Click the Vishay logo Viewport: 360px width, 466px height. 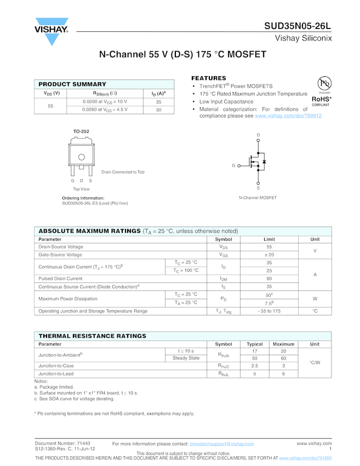pyautogui.click(x=52, y=31)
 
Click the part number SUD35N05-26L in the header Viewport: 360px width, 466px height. pyautogui.click(x=298, y=25)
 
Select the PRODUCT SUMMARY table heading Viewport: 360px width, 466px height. pyautogui.click(x=72, y=84)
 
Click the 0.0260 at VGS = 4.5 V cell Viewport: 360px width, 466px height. pyautogui.click(x=105, y=110)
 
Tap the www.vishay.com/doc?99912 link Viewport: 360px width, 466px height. pyautogui.click(x=288, y=116)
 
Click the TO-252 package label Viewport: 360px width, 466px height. pyautogui.click(x=81, y=132)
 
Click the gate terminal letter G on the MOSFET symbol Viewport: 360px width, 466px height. pyautogui.click(x=233, y=165)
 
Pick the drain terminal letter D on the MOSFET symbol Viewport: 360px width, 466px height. pyautogui.click(x=258, y=135)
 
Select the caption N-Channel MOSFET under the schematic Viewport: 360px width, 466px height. pyautogui.click(x=258, y=198)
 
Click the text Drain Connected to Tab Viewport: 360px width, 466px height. pyautogui.click(x=123, y=172)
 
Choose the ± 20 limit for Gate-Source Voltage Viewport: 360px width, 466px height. pyautogui.click(x=269, y=255)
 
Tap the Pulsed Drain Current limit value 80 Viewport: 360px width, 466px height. pyautogui.click(x=269, y=279)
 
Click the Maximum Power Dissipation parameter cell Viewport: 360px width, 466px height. pyautogui.click(x=68, y=299)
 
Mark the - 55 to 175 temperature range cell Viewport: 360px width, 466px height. pyautogui.click(x=269, y=311)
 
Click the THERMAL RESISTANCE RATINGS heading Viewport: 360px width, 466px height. pyautogui.click(x=92, y=336)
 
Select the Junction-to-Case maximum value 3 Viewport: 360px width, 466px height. pyautogui.click(x=283, y=366)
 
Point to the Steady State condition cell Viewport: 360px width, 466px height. pyautogui.click(x=186, y=358)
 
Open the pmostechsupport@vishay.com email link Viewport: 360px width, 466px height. pyautogui.click(x=222, y=444)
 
